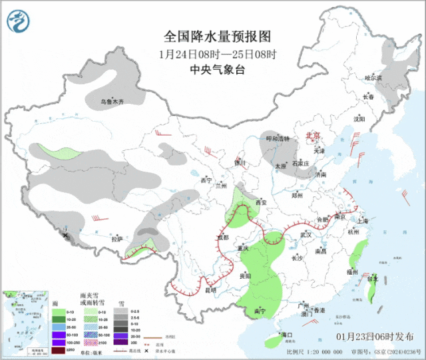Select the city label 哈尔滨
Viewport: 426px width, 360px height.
[373, 78]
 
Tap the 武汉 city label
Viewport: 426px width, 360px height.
[306, 235]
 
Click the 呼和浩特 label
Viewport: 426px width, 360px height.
[278, 138]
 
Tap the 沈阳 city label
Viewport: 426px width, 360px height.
[359, 119]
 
